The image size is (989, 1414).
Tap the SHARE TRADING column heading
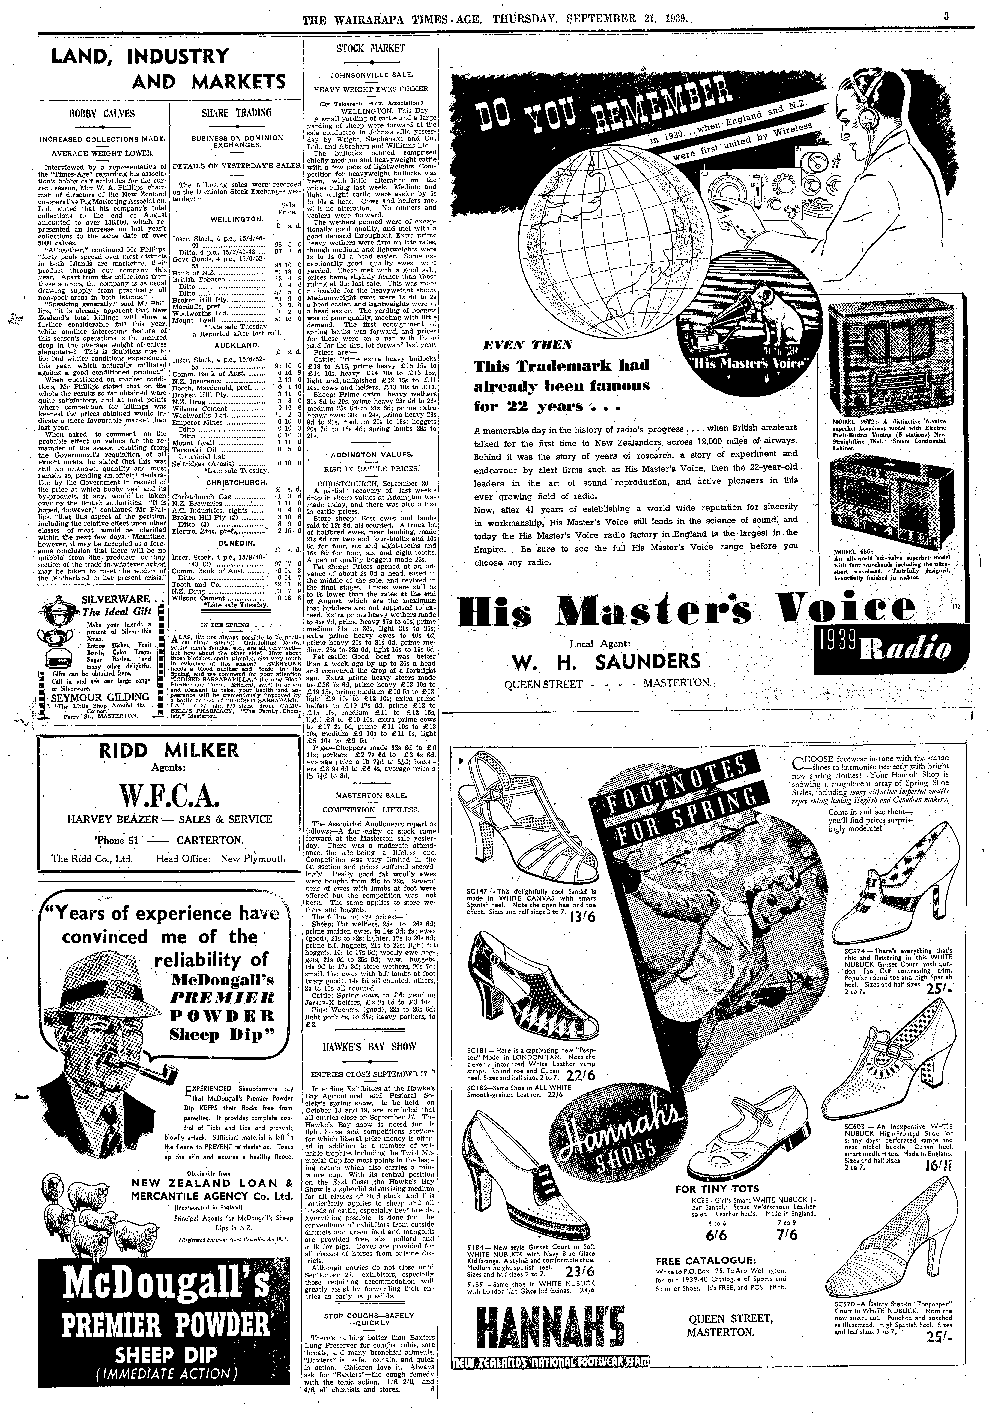237,113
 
